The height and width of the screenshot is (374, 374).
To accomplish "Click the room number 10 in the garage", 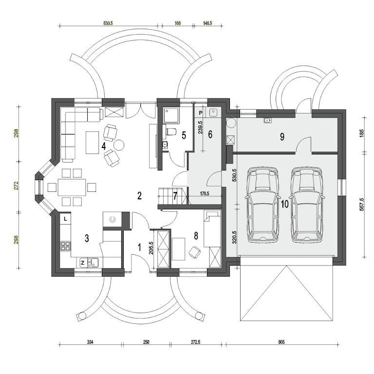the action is pyautogui.click(x=284, y=204).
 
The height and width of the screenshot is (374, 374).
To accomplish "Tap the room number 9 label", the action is pyautogui.click(x=282, y=137).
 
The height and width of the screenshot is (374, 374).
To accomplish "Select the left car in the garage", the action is pyautogui.click(x=262, y=205).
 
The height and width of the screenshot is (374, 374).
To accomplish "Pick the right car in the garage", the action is pyautogui.click(x=306, y=205).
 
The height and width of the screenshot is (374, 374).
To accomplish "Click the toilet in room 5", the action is pyautogui.click(x=170, y=131).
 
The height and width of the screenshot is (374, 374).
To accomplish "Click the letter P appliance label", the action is pyautogui.click(x=200, y=112).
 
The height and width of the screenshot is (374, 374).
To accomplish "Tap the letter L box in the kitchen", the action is pyautogui.click(x=65, y=219).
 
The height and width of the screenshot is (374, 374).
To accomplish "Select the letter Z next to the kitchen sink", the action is pyautogui.click(x=82, y=263).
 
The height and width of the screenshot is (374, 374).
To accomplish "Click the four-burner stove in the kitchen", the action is pyautogui.click(x=65, y=246).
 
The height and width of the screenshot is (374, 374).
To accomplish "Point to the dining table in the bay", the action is pyautogui.click(x=72, y=187).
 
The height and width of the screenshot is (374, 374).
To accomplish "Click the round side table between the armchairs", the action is pyautogui.click(x=118, y=145).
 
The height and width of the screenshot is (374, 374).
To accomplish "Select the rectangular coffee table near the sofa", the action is pyautogui.click(x=93, y=142).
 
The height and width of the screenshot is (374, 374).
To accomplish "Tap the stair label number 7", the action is pyautogui.click(x=175, y=196).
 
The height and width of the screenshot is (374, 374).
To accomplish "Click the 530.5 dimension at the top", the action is pyautogui.click(x=108, y=23).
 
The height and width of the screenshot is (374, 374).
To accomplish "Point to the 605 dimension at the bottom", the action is pyautogui.click(x=281, y=342).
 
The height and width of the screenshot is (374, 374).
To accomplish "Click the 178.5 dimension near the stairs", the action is pyautogui.click(x=205, y=194).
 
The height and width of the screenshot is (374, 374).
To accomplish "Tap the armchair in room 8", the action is pyautogui.click(x=194, y=252).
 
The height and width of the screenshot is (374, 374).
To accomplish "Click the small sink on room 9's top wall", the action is pyautogui.click(x=267, y=120).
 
